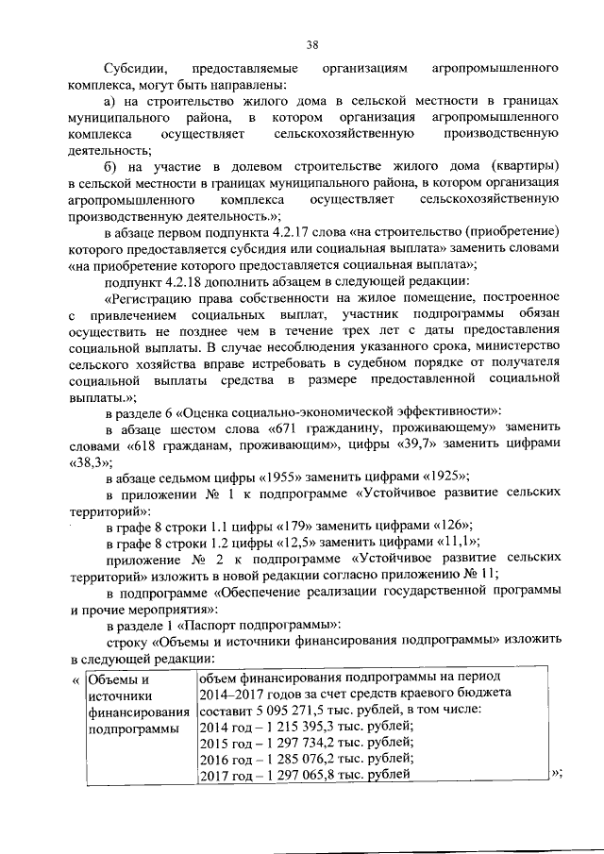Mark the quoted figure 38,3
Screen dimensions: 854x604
91,461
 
